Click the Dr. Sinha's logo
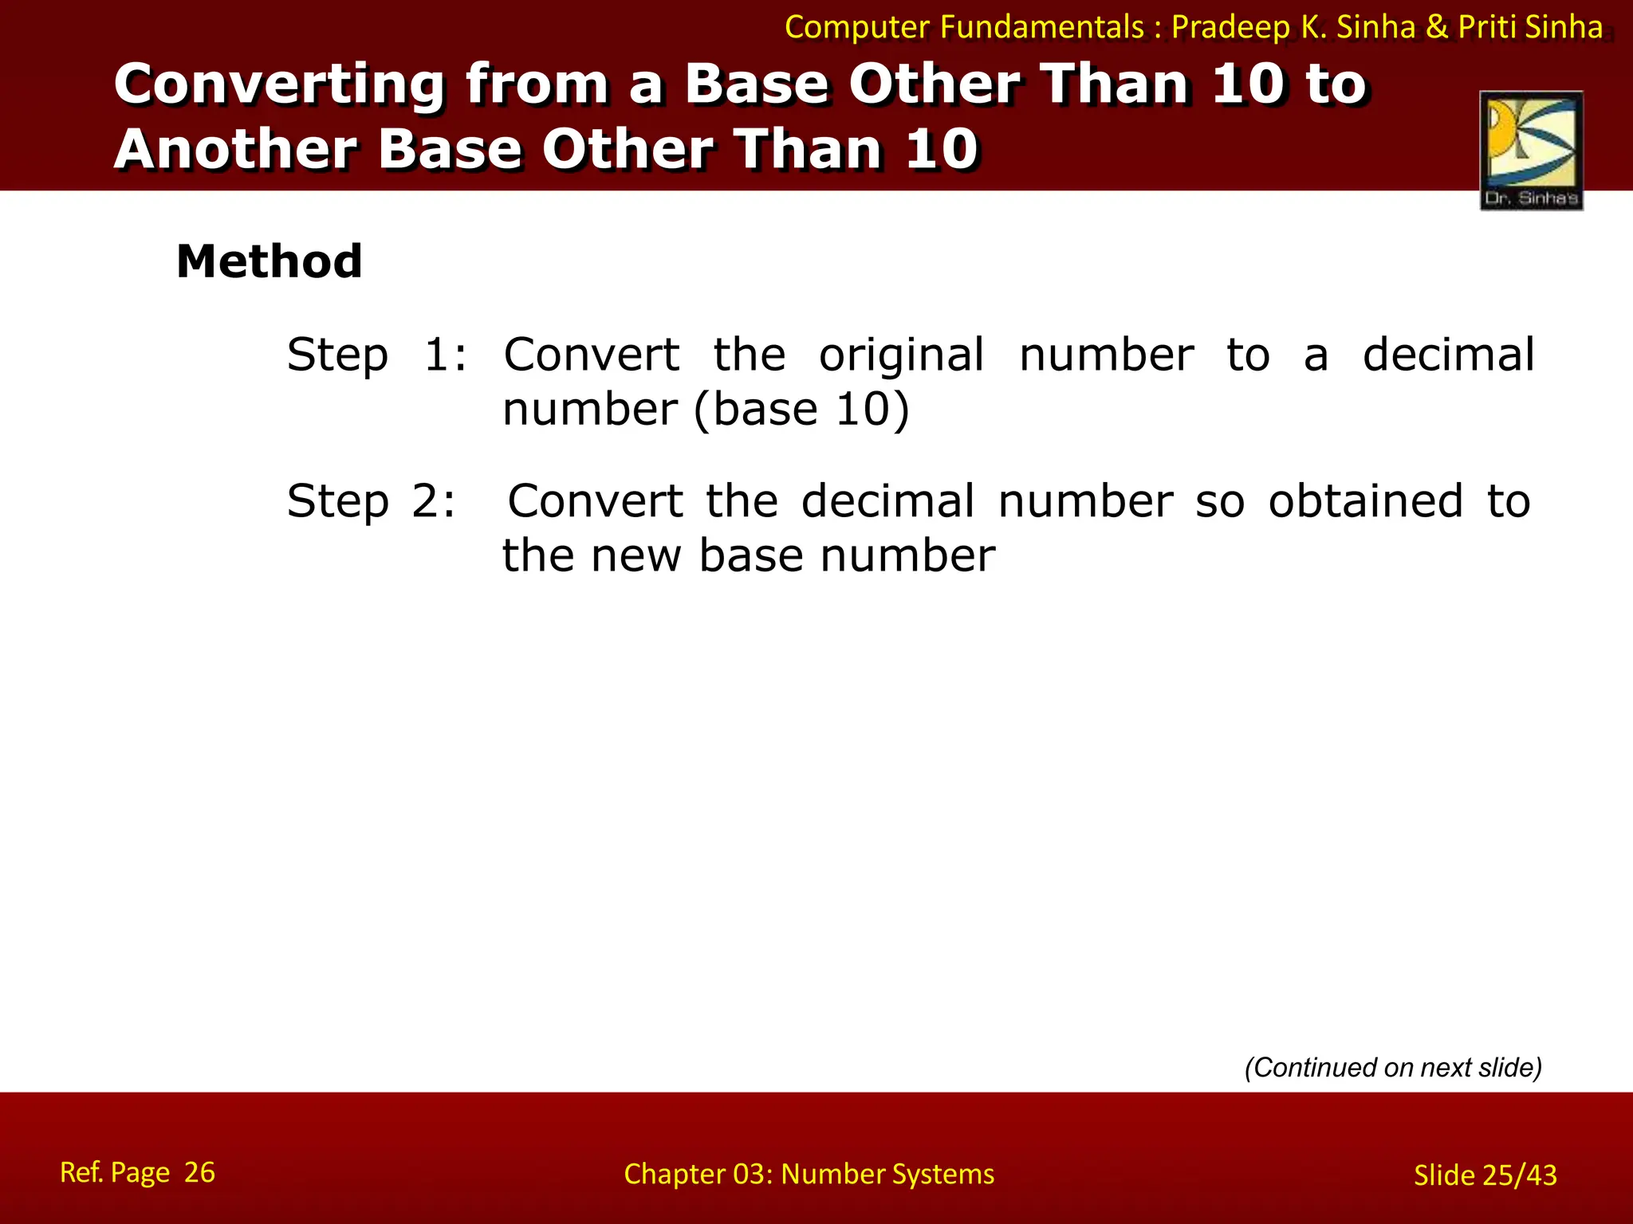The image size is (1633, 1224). pyautogui.click(x=1531, y=151)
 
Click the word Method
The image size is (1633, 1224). pyautogui.click(x=270, y=261)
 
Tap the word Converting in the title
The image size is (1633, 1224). pyautogui.click(x=279, y=85)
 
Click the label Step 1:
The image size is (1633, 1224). pyautogui.click(x=376, y=355)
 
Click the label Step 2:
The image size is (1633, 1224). pyautogui.click(x=372, y=501)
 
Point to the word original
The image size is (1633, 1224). pyautogui.click(x=901, y=355)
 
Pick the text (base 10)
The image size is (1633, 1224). pyautogui.click(x=801, y=410)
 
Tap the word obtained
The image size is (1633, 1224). pyautogui.click(x=1365, y=501)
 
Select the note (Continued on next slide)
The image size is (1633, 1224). pyautogui.click(x=1393, y=1067)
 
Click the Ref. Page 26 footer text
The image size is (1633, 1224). pyautogui.click(x=137, y=1172)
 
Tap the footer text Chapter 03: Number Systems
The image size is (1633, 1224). pyautogui.click(x=809, y=1174)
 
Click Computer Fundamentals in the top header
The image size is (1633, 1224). pyautogui.click(x=964, y=28)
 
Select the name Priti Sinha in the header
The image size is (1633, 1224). pyautogui.click(x=1530, y=28)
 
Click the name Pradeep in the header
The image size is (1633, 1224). pyautogui.click(x=1230, y=28)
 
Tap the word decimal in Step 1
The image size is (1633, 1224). pyautogui.click(x=1448, y=355)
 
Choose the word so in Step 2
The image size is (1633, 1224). pyautogui.click(x=1219, y=501)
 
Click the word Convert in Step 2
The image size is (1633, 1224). pyautogui.click(x=595, y=501)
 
